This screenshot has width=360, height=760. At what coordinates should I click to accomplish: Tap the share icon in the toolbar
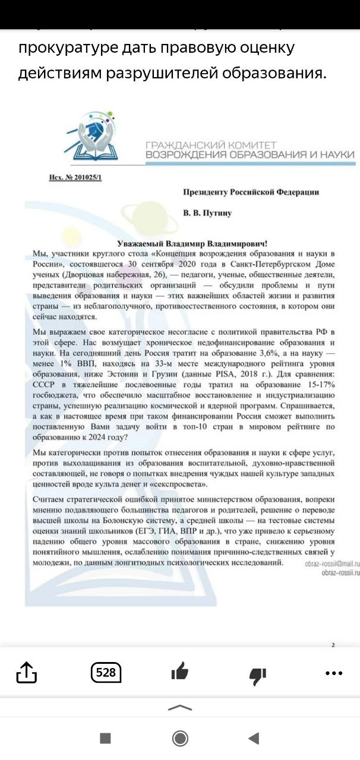(27, 673)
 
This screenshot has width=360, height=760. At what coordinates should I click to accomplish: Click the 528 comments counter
(106, 673)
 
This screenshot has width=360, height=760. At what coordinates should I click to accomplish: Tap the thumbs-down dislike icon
(258, 674)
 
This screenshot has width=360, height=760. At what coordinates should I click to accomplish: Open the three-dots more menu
(334, 673)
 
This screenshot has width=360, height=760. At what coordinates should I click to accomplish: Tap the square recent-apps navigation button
(105, 738)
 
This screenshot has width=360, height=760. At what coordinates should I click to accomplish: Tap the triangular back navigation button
(254, 738)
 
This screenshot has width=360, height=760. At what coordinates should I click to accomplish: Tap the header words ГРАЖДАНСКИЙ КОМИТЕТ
(211, 145)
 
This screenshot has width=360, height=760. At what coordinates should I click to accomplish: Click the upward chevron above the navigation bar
(180, 707)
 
